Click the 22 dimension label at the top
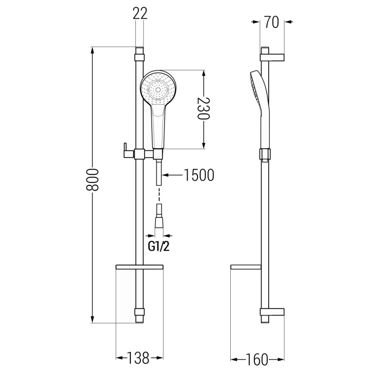140,13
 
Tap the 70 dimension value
271,22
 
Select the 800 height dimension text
92,180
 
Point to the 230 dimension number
204,109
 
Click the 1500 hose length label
199,175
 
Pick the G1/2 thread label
159,247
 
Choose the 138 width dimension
138,358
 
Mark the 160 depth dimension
257,360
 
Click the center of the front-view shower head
158,90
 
